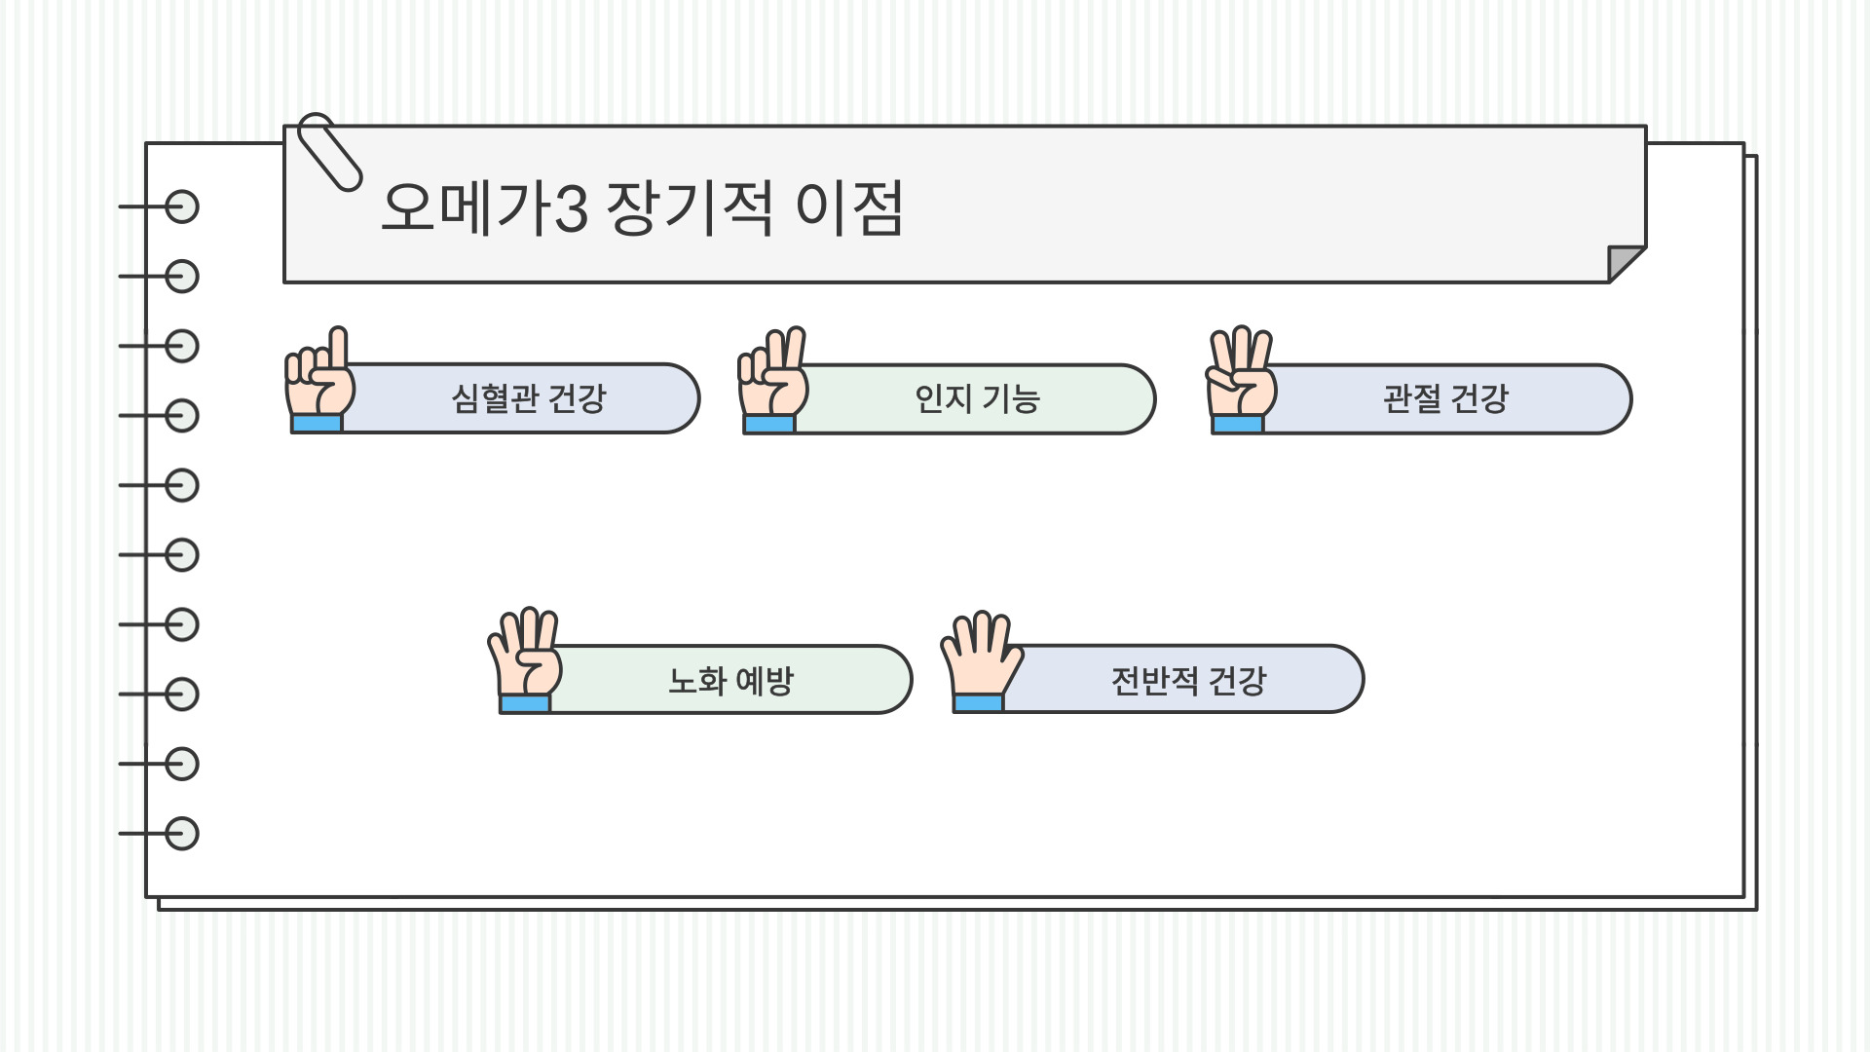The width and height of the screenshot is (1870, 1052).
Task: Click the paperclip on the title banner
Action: tap(329, 151)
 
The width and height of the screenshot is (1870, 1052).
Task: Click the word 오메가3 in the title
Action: tap(484, 207)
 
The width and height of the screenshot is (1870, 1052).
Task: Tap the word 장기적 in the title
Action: tap(690, 207)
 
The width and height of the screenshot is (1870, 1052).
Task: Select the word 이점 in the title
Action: tap(849, 207)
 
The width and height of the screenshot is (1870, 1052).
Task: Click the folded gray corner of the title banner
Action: tap(1624, 262)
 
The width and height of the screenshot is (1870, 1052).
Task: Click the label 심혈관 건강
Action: tap(529, 398)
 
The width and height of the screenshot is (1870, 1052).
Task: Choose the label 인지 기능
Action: tap(977, 398)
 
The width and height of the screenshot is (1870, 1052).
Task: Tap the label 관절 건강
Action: tap(1445, 398)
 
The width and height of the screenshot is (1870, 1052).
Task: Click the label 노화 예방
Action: tap(730, 680)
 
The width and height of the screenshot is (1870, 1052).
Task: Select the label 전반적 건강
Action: tap(1188, 680)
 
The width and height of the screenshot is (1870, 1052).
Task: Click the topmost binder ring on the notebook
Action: tap(181, 207)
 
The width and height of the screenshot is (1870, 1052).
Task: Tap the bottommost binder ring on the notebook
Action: tap(181, 834)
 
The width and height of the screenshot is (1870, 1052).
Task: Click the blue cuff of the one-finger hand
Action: tap(317, 424)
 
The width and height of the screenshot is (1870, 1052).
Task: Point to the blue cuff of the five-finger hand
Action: tap(979, 703)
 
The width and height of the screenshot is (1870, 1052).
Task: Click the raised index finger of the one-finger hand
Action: tap(338, 347)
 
